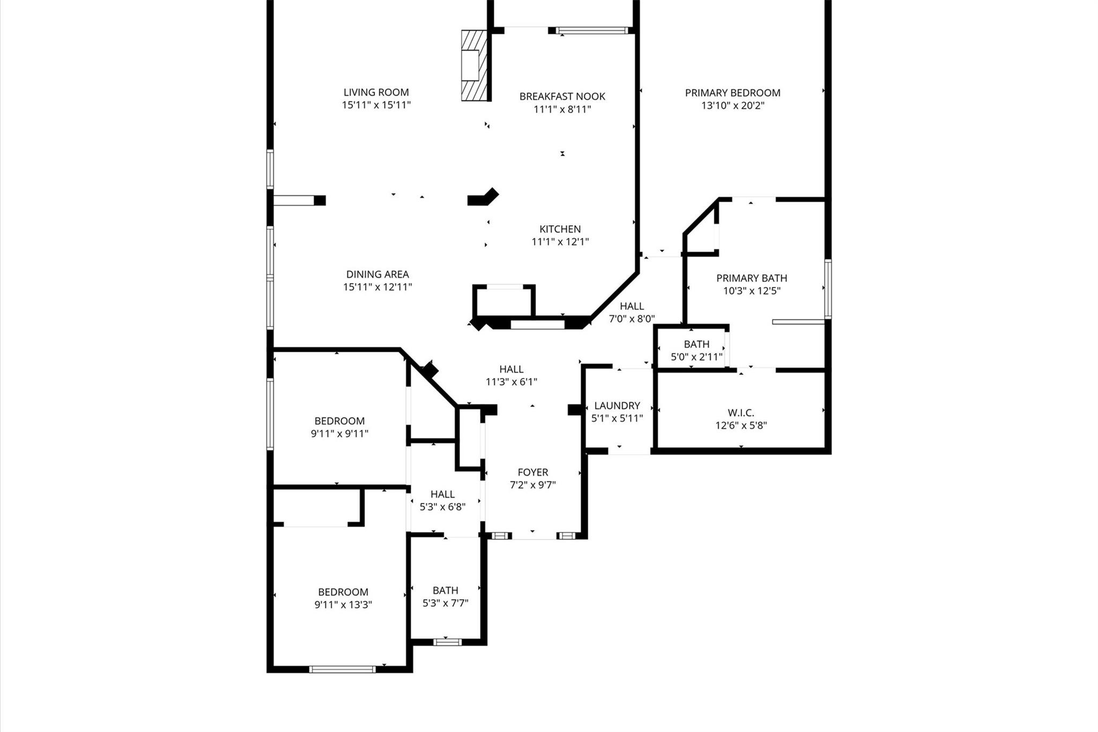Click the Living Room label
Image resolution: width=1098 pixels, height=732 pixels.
tap(376, 92)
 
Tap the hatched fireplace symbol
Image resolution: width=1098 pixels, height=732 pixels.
tap(474, 65)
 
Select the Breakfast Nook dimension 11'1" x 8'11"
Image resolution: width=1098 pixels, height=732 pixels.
tap(562, 109)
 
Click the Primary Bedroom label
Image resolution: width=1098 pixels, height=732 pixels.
tap(732, 93)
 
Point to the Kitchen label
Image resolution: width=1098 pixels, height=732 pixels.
tap(560, 229)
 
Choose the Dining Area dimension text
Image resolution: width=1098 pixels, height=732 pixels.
tap(377, 287)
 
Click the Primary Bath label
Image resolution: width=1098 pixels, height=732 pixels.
tap(751, 278)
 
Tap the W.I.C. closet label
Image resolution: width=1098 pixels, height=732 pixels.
tap(740, 413)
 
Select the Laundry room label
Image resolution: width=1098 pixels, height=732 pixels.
tap(617, 405)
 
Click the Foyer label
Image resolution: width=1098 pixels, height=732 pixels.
tap(532, 472)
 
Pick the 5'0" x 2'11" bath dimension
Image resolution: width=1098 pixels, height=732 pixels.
tap(696, 357)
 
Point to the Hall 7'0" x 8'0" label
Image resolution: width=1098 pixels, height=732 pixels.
tap(632, 306)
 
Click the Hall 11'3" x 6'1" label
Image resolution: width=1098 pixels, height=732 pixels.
tap(511, 369)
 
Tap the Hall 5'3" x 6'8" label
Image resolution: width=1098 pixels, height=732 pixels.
tap(442, 494)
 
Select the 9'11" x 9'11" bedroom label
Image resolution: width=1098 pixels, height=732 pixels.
tap(339, 421)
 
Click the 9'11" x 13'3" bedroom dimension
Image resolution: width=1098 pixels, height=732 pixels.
tap(343, 605)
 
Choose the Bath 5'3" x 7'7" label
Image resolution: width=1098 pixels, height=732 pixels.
tap(445, 590)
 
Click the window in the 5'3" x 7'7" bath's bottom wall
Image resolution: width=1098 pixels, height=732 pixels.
tap(447, 642)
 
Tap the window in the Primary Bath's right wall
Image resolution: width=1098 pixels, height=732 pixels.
tap(828, 289)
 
